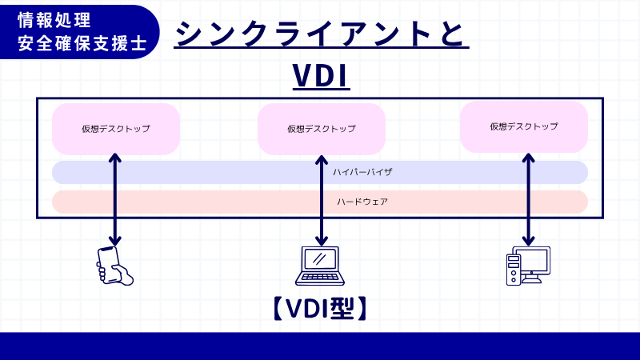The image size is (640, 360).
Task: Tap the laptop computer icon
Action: click(x=321, y=266)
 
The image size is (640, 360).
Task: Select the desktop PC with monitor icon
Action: click(x=527, y=266)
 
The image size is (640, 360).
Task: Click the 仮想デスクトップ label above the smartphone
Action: click(x=115, y=128)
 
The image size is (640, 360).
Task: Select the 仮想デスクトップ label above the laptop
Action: click(x=321, y=128)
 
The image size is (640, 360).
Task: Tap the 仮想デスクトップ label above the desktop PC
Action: click(x=524, y=126)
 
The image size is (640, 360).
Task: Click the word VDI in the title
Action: click(x=320, y=77)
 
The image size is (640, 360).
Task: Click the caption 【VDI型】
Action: click(x=320, y=308)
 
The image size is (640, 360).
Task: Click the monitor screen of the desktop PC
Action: click(x=534, y=259)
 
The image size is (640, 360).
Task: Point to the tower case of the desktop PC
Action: click(x=513, y=270)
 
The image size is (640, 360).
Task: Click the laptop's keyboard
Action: click(x=320, y=278)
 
